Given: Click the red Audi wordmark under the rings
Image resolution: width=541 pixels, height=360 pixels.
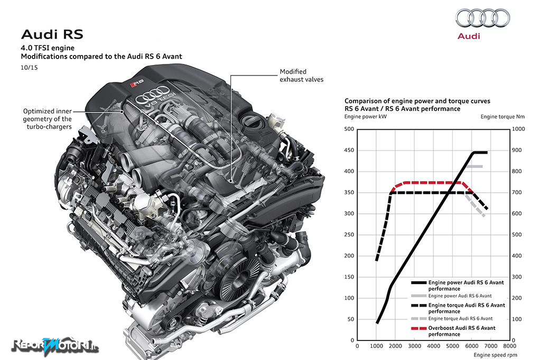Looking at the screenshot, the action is click(x=469, y=36).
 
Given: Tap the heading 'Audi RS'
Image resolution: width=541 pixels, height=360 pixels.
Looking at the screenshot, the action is click(x=52, y=34).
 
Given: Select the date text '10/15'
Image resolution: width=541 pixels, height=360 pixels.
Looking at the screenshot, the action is click(x=29, y=68).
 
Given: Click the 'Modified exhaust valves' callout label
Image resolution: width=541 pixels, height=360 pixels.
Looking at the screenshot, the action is click(x=302, y=75).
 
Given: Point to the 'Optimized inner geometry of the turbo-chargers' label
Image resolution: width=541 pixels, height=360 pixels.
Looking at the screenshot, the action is click(x=47, y=119).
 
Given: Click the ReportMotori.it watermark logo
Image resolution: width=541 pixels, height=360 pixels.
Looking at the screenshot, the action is click(x=55, y=345).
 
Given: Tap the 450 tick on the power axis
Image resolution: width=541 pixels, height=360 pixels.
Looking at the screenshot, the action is click(x=349, y=150).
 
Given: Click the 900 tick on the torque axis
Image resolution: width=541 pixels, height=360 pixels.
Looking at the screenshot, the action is click(x=517, y=150).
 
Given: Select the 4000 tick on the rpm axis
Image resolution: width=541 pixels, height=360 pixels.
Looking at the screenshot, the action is click(x=433, y=346).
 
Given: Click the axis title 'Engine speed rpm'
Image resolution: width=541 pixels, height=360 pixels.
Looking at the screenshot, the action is click(x=495, y=355).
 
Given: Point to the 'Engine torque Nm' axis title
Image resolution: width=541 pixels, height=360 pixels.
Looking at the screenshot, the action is click(x=502, y=117).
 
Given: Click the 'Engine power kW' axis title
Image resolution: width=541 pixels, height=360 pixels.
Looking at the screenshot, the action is click(x=366, y=117).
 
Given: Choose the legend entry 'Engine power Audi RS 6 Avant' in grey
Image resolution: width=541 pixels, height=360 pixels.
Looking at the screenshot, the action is click(x=451, y=296).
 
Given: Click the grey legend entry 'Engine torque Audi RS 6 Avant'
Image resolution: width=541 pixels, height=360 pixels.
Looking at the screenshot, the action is click(x=452, y=319).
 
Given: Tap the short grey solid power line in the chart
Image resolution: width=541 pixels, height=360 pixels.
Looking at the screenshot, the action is click(x=475, y=167).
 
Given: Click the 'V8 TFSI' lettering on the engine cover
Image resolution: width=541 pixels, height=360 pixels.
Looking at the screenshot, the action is click(x=160, y=100).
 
